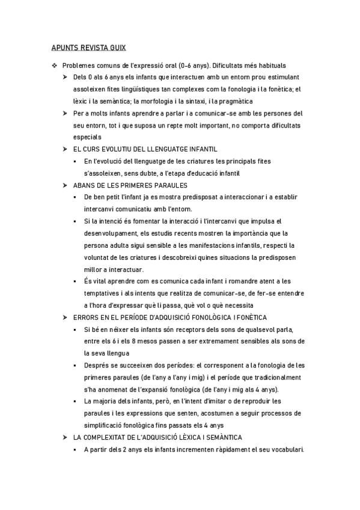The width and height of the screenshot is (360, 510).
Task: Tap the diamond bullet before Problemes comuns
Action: click(54, 65)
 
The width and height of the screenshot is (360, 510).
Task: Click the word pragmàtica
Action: click(236, 100)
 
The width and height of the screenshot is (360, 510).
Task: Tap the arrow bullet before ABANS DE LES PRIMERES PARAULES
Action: click(66, 185)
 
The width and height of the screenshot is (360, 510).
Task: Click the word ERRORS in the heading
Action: click(85, 317)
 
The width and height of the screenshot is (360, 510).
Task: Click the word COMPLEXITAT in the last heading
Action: click(104, 437)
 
